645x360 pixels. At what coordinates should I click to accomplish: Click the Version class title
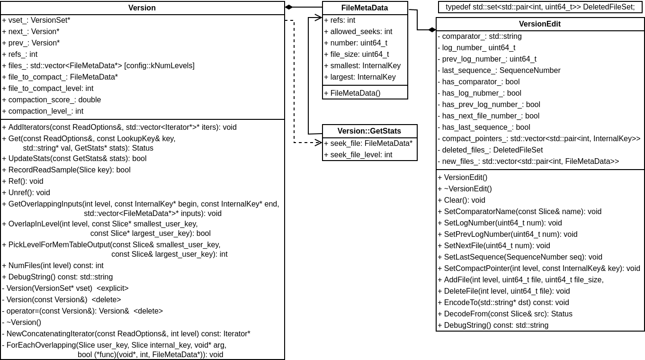click(142, 8)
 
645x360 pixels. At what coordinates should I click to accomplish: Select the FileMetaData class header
click(364, 8)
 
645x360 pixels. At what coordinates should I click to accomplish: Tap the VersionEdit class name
click(539, 24)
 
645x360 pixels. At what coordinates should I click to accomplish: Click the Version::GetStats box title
click(369, 131)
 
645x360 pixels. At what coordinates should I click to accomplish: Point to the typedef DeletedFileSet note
click(540, 7)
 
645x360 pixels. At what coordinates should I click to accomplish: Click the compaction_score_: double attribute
click(52, 100)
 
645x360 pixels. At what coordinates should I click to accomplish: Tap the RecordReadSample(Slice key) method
click(66, 170)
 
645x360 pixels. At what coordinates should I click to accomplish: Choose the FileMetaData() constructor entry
click(352, 93)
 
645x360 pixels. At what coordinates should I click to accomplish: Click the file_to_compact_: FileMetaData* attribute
click(60, 77)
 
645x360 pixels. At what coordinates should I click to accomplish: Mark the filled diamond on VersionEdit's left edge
click(432, 30)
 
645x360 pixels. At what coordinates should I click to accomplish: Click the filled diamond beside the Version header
click(289, 7)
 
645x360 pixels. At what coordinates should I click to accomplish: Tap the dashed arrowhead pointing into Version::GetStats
click(319, 143)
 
